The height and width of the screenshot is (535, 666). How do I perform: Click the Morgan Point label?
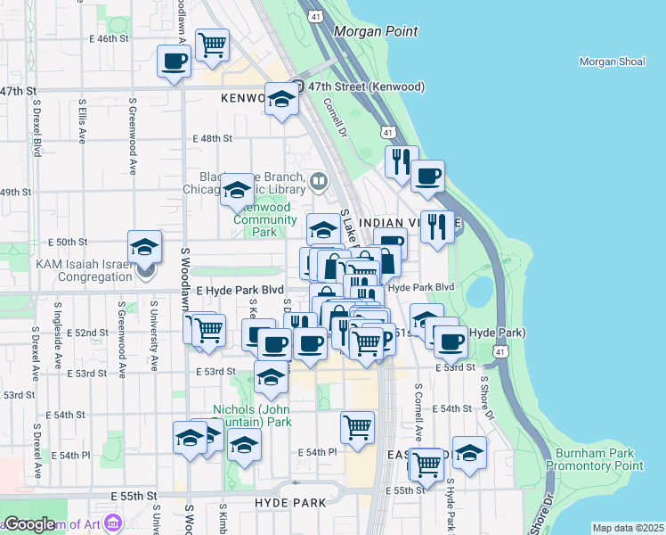pyautogui.click(x=375, y=32)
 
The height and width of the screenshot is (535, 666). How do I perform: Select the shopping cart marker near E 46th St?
pyautogui.click(x=212, y=45)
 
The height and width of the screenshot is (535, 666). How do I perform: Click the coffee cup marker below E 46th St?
pyautogui.click(x=174, y=62)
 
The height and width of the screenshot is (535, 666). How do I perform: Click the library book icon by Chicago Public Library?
pyautogui.click(x=319, y=183)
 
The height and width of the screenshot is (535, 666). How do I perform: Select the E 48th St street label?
pyautogui.click(x=212, y=139)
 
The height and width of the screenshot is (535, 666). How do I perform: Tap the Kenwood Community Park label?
pyautogui.click(x=265, y=219)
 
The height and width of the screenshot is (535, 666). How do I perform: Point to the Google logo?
pyautogui.click(x=30, y=524)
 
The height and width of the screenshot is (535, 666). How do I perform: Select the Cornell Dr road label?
pyautogui.click(x=334, y=117)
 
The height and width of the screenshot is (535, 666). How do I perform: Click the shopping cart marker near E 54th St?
pyautogui.click(x=357, y=427)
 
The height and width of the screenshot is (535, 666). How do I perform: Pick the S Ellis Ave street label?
pyautogui.click(x=82, y=128)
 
